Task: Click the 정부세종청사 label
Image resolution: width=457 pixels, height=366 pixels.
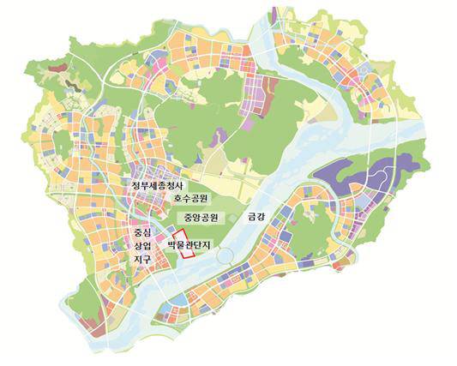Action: point(159,185)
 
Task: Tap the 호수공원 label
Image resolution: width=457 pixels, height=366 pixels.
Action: point(190,199)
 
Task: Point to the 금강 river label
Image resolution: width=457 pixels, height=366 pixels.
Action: point(256,216)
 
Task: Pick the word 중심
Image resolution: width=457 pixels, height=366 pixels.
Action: point(142,232)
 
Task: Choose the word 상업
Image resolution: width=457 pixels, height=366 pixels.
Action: point(142,246)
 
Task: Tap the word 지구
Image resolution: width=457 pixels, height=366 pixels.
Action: point(142,259)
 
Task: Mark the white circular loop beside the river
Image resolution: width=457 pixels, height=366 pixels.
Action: point(225,255)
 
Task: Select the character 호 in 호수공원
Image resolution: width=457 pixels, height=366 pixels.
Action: point(177,199)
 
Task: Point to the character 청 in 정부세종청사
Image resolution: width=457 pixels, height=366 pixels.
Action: point(171,185)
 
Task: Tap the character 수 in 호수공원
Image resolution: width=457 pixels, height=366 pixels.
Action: point(186,199)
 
